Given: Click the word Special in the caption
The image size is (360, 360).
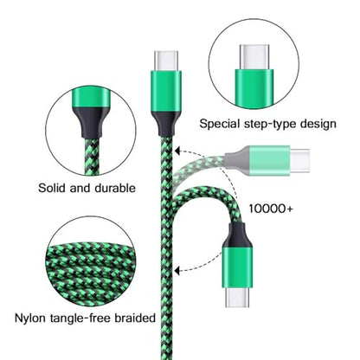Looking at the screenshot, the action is [220, 124].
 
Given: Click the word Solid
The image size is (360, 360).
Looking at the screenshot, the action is [52, 188].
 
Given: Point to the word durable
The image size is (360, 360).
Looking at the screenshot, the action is [115, 188].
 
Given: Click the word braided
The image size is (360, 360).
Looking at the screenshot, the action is [135, 318].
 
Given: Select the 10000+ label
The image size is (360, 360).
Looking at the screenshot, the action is [271, 209].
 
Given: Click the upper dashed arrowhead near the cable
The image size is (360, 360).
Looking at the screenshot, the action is [178, 151].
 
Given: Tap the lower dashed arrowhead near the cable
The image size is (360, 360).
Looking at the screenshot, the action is [178, 271].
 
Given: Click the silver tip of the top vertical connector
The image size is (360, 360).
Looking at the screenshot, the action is [166, 61].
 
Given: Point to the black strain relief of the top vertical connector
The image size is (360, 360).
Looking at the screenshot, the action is [166, 124].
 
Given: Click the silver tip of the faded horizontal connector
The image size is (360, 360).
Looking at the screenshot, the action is [299, 161].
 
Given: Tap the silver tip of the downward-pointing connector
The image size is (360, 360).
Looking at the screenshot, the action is [237, 297].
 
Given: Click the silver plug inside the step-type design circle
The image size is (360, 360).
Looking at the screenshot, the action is [254, 57].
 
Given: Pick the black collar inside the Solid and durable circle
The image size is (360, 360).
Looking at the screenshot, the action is [91, 122].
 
